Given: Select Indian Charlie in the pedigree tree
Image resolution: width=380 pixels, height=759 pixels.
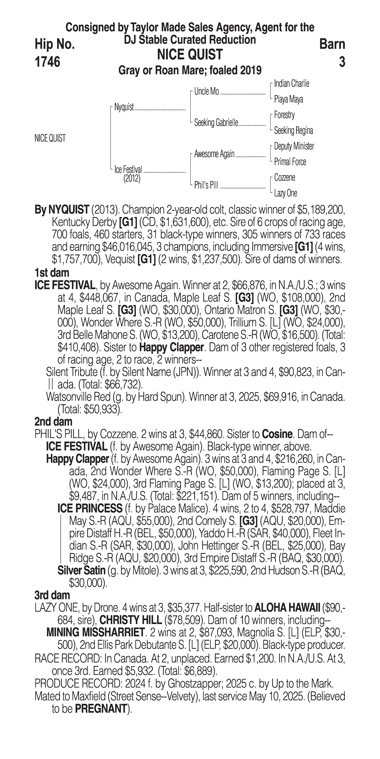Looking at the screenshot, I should point(291,84).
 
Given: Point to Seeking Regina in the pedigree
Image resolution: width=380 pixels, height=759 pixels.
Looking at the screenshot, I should point(293,131).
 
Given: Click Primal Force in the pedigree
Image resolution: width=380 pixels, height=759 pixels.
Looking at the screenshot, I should point(290,162).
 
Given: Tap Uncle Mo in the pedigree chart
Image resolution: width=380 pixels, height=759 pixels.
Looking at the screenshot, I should point(207,92).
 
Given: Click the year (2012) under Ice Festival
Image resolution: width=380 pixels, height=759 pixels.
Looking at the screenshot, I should point(132,179).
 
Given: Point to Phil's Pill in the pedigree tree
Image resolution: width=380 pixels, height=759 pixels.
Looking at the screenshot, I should point(206,185).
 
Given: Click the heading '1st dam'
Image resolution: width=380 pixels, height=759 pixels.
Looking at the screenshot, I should point(52,273).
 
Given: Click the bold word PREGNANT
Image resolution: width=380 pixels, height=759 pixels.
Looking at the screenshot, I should point(101,709).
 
